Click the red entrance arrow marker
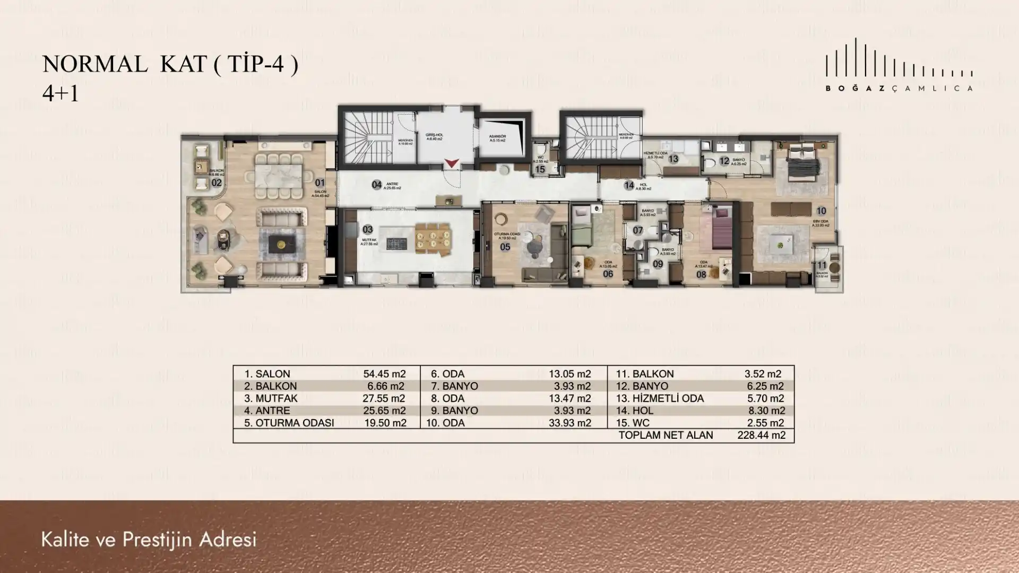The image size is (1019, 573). [451, 163]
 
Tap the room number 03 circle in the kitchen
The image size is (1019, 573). [368, 229]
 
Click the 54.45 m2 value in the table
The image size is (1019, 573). [384, 374]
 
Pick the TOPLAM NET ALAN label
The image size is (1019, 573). [666, 435]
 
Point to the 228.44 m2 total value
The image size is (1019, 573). [761, 435]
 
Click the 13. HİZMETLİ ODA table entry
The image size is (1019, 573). [660, 398]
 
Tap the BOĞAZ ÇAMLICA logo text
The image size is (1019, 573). [899, 89]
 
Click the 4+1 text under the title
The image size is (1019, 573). [61, 93]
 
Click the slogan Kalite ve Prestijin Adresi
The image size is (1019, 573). [149, 540]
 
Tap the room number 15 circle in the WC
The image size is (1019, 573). [540, 169]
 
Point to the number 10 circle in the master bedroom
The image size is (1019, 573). [821, 211]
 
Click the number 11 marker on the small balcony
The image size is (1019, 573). [822, 265]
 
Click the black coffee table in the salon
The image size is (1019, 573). [279, 245]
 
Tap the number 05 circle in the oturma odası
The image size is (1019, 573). [505, 247]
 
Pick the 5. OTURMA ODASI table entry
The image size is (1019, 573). [289, 423]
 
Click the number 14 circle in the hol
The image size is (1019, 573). [629, 185]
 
